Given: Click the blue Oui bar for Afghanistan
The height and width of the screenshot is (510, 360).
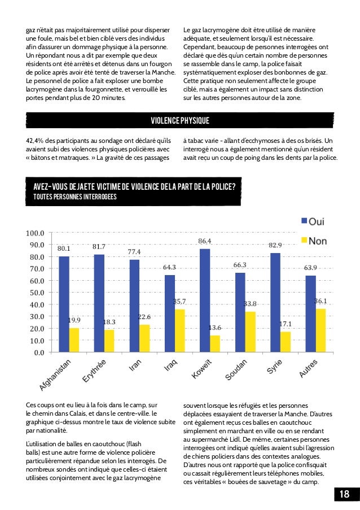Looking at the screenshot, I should tap(64, 304).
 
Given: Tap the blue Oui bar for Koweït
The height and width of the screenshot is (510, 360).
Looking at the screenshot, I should tap(205, 300).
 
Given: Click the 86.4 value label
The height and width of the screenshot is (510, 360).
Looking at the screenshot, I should tap(205, 242).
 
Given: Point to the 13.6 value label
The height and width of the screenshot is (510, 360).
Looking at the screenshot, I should tap(215, 328).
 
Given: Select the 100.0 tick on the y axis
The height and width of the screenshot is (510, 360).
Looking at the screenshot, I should tap(36, 233).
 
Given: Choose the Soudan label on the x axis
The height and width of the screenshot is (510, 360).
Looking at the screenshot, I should tap(236, 370).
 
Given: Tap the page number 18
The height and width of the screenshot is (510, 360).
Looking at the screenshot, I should tap(344, 495).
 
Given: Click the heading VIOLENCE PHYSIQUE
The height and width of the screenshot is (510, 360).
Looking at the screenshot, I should tap(180, 120).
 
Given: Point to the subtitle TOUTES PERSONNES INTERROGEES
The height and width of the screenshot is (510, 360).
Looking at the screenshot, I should tap(75, 197).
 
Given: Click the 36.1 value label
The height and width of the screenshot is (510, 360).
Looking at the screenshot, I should tap(321, 301).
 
